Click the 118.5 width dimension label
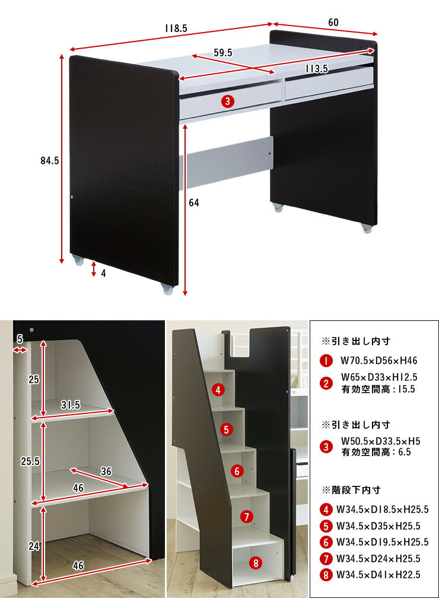coord(176,28)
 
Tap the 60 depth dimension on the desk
coord(333,23)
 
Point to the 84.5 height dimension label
coord(50,160)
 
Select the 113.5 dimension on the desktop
coord(316,69)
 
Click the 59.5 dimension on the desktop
coord(223,52)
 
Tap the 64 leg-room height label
coord(194,202)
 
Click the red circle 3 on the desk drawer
coord(228,101)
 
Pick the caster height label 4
coord(103,273)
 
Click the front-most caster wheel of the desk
coord(167,289)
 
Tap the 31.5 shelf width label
coord(71,405)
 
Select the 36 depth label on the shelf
coord(106,471)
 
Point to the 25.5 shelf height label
coord(30,461)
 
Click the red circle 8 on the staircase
coord(256,563)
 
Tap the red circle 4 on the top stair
coord(218,390)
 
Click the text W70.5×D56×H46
coord(379,361)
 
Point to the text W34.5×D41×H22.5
coord(378,575)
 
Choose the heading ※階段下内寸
coord(351,490)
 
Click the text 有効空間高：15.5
coord(378,389)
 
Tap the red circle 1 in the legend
coord(326,361)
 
